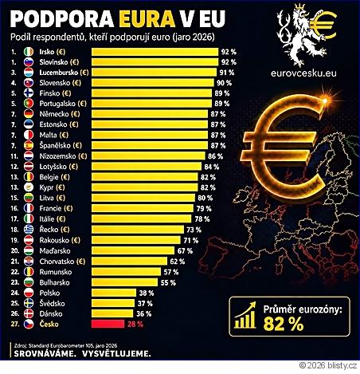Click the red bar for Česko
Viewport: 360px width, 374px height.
point(108,324)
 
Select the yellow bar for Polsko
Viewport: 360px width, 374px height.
point(114,293)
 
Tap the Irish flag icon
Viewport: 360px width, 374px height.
point(29,52)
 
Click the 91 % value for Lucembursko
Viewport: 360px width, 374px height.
point(227,73)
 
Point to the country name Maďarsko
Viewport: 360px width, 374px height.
point(55,251)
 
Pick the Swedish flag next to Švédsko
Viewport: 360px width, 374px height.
point(29,303)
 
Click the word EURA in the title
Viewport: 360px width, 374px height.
point(147,19)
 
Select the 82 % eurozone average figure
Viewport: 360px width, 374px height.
point(284,324)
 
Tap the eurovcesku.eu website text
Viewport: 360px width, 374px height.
point(303,73)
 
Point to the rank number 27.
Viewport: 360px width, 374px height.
point(15,324)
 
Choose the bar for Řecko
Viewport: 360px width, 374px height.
point(138,230)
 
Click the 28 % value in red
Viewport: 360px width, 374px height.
point(135,325)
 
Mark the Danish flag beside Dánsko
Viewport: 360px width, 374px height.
point(29,313)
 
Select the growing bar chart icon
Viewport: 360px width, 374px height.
point(245,315)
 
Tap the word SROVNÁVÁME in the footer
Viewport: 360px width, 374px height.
point(45,354)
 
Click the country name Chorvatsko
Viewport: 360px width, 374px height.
point(57,262)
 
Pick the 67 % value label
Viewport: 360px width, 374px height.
point(185,251)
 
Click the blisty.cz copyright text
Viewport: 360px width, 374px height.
point(328,366)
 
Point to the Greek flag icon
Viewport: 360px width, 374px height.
point(29,230)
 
